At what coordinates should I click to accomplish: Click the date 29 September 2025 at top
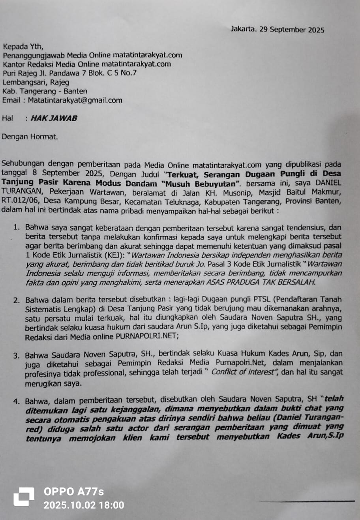[x=292, y=30]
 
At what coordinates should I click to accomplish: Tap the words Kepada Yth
[x=23, y=47]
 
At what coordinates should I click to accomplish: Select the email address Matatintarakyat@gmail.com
[x=75, y=100]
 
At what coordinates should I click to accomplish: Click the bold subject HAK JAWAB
[x=54, y=118]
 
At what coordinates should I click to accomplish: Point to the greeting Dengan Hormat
[x=30, y=137]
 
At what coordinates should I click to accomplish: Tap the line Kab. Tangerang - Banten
[x=45, y=91]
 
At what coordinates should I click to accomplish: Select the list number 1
[x=16, y=227]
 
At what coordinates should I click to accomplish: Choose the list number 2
[x=16, y=300]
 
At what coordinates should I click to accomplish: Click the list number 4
[x=16, y=402]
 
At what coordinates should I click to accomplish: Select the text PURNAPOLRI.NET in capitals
[x=147, y=336]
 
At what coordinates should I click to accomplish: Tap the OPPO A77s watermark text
[x=74, y=492]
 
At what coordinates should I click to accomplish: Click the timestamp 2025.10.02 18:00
[x=84, y=505]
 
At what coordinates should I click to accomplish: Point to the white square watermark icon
[x=24, y=497]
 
